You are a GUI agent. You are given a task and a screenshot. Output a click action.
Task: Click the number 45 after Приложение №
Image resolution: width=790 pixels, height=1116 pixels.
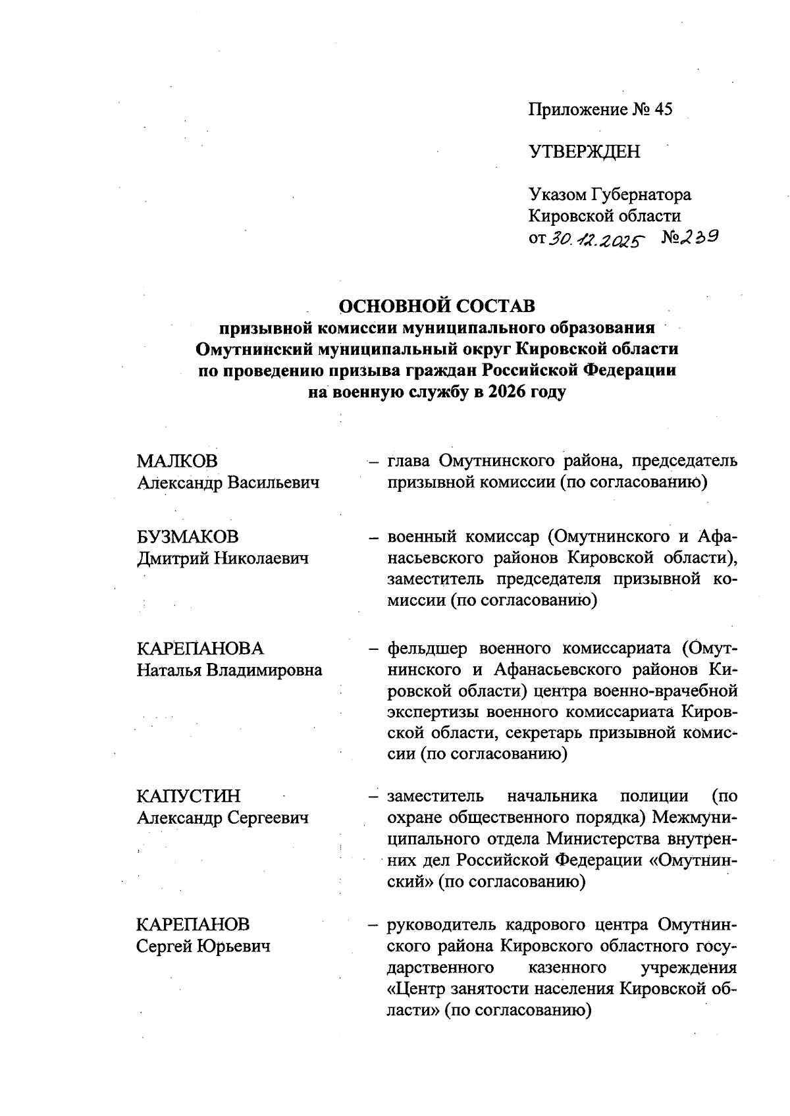tap(663, 109)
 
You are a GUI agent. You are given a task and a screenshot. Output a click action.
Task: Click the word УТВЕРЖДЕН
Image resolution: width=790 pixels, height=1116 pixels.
tap(584, 152)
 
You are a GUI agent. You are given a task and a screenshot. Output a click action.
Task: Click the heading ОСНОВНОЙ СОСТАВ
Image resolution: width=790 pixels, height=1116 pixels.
tap(437, 306)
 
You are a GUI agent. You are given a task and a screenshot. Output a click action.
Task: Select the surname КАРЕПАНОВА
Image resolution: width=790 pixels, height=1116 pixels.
tap(199, 649)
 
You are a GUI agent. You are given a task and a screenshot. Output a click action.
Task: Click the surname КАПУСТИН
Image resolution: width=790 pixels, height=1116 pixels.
tap(188, 797)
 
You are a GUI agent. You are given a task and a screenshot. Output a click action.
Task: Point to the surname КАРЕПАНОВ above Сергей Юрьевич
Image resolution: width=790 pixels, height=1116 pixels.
tap(193, 925)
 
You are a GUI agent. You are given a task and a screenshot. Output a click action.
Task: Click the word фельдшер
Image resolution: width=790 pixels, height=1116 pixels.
tap(428, 649)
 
